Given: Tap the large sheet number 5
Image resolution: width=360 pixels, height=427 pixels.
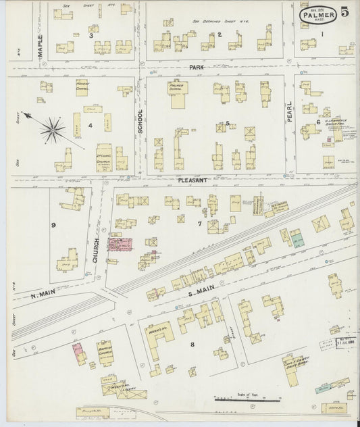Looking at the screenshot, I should click(345, 12).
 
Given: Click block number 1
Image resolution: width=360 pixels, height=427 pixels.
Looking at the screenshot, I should click(322, 34).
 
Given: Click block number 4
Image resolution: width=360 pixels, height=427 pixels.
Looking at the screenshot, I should click(89, 126).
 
